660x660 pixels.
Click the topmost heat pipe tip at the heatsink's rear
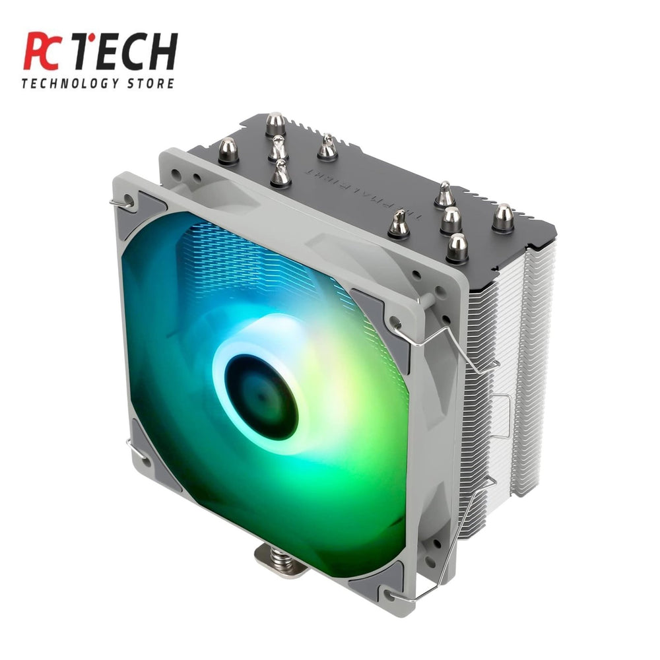(x=276, y=124)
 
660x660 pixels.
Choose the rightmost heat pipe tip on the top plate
(x=503, y=218)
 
